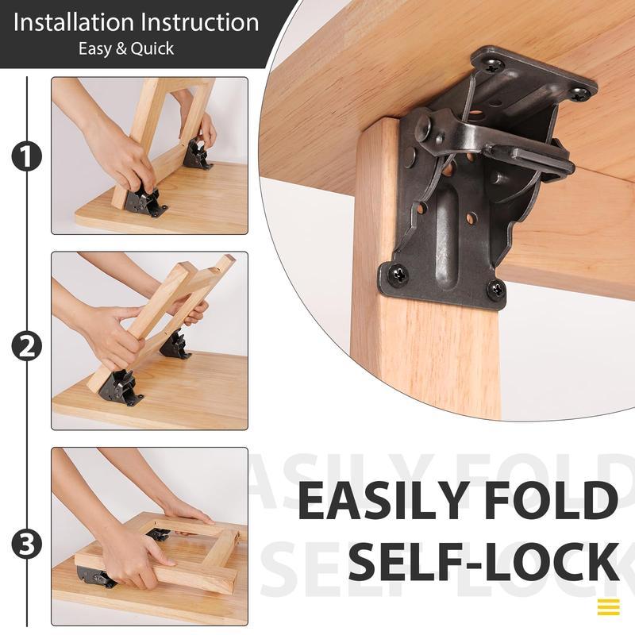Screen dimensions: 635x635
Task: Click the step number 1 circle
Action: (x=26, y=156)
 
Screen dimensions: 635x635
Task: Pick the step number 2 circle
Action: (x=26, y=346)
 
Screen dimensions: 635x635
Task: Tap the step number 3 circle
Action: (x=26, y=545)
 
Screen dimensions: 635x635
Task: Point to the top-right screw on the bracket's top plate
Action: (x=580, y=93)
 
